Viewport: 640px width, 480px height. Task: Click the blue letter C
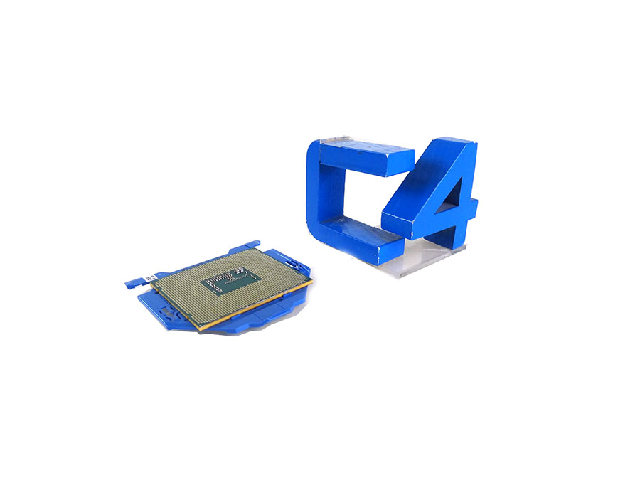[320, 192]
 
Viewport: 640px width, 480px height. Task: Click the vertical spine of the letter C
[317, 192]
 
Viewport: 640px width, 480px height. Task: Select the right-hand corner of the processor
[311, 283]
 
